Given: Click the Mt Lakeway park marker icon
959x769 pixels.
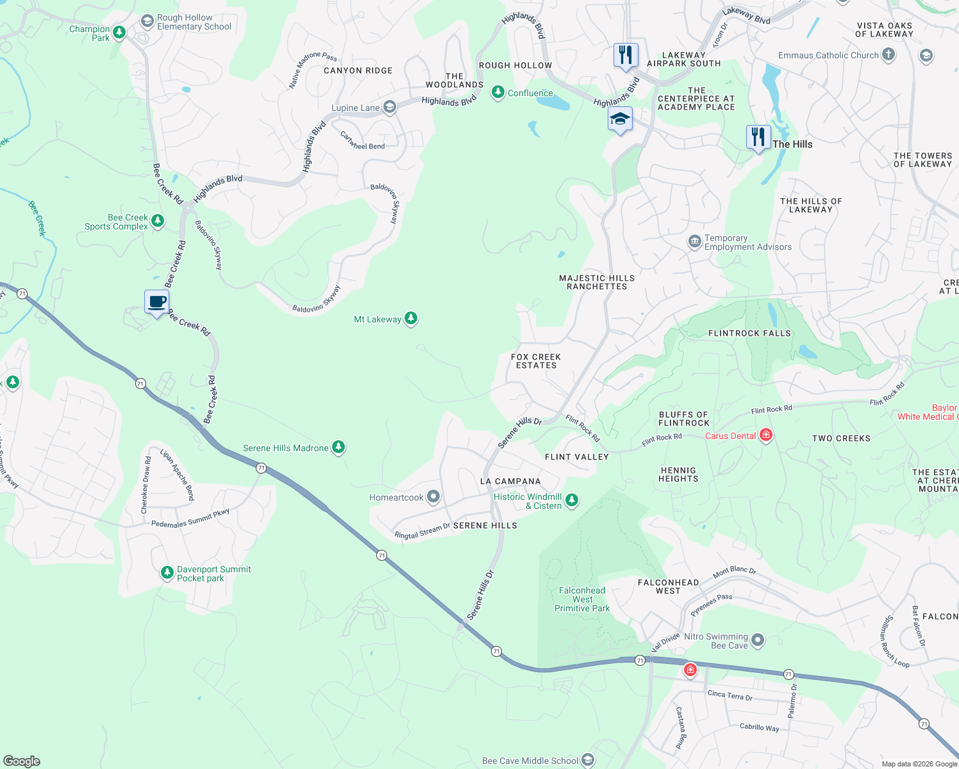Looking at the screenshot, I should tap(411, 318).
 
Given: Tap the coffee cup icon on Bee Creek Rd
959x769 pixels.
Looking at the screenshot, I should tap(157, 302).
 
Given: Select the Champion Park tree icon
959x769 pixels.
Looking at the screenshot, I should tap(119, 32).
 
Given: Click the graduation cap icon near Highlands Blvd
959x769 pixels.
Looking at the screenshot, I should tap(620, 119).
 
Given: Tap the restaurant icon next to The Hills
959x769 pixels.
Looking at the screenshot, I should tap(758, 137).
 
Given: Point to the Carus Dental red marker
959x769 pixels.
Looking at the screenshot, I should tap(765, 436).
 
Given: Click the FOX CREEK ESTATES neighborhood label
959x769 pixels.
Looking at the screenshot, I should tap(536, 361).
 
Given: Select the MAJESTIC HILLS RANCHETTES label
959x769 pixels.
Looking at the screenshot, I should tap(597, 283).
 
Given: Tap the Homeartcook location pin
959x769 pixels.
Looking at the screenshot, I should tap(433, 497).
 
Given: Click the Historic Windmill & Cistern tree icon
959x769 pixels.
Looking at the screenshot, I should tap(572, 500).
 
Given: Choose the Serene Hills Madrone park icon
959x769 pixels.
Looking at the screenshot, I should tap(338, 447).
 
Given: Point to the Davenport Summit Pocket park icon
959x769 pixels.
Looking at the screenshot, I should tap(167, 572).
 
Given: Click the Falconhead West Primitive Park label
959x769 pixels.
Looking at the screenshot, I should tap(582, 599).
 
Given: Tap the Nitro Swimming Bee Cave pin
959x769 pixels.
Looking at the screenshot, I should tap(758, 640).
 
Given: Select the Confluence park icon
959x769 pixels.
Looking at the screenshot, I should tap(497, 93).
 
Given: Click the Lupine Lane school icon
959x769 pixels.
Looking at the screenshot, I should tap(390, 107).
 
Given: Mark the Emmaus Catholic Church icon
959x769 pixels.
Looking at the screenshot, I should tap(888, 55).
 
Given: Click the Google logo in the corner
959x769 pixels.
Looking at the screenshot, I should tap(22, 761).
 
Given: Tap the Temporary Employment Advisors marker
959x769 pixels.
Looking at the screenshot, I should tap(694, 242).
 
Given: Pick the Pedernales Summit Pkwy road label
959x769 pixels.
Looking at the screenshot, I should tap(190, 518).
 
